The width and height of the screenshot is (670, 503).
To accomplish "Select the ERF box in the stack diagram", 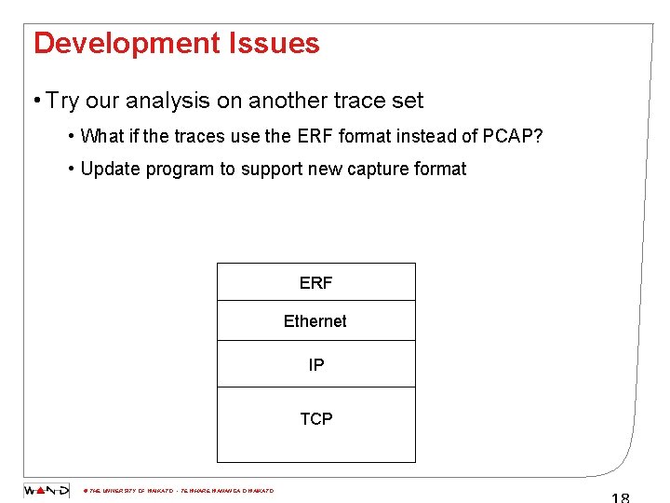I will [x=315, y=282].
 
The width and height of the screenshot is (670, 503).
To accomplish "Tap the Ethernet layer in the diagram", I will [x=315, y=320].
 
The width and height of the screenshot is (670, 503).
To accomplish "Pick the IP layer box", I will [x=315, y=364].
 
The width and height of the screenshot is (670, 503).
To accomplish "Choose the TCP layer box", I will [x=315, y=419].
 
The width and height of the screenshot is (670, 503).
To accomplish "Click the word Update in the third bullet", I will [x=109, y=169].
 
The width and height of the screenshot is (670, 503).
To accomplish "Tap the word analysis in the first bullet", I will [x=161, y=101].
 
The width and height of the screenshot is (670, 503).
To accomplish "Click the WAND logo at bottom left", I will [x=46, y=490].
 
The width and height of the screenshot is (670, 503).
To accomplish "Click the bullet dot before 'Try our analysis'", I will [x=34, y=101].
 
